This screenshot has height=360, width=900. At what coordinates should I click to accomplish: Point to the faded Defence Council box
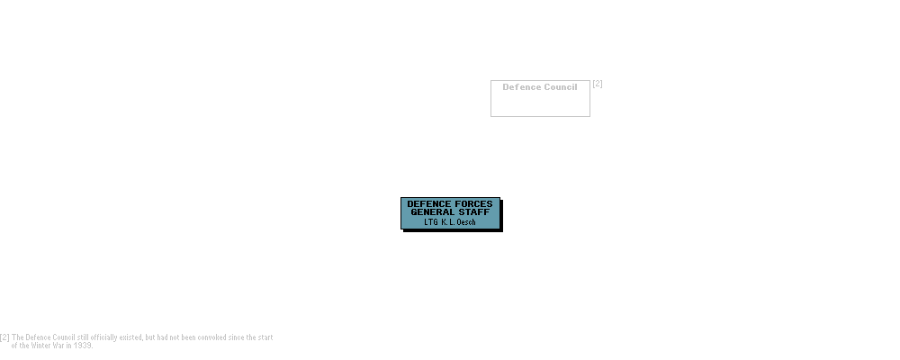click(x=540, y=97)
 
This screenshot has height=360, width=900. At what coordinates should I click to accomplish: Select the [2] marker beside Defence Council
click(x=597, y=85)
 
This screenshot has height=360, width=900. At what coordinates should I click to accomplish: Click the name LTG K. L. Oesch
click(x=448, y=221)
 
